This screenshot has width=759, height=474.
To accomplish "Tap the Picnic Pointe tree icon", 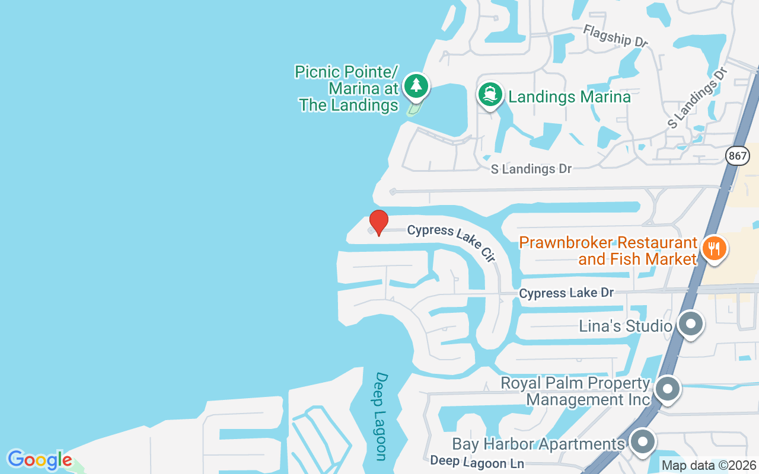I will pos(416,86).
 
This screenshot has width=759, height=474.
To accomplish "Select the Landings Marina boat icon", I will pos(490,94).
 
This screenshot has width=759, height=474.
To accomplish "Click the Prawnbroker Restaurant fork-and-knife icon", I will pos(714,248).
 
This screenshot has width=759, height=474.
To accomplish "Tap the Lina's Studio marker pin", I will pos(690,324).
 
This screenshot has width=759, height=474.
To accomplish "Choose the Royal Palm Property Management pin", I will pos(668,390).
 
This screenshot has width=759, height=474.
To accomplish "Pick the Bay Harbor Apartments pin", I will pos(642,442).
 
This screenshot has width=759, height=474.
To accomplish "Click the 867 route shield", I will pos(736,156).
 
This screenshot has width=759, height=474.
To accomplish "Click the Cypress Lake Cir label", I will pos(451,242).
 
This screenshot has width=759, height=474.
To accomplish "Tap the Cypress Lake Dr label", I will pos(566,293).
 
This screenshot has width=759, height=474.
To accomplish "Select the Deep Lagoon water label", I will pos(381,416).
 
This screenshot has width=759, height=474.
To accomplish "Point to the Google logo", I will pos(39,460).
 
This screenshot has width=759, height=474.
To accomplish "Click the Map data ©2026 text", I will pos(709,466).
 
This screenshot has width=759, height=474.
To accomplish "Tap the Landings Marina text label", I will pos(569,97).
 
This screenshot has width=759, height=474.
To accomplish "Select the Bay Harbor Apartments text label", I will pos(538,444).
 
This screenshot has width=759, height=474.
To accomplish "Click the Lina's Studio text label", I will pos(625,326).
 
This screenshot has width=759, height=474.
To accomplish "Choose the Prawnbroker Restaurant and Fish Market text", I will pos(608,251).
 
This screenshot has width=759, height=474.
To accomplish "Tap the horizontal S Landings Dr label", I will pos(531,169).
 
